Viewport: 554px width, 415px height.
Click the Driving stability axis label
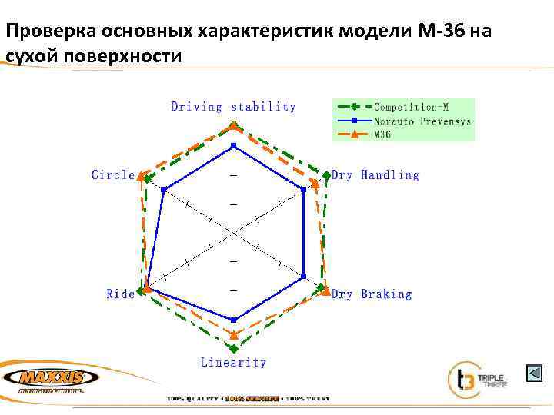click(x=233, y=107)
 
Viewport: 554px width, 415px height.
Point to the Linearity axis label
click(x=233, y=362)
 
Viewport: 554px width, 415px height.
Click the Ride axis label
click(x=121, y=294)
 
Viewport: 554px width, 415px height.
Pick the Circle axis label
click(x=113, y=175)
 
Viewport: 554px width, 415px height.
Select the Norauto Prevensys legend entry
click(x=422, y=121)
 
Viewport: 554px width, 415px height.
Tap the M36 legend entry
click(x=382, y=134)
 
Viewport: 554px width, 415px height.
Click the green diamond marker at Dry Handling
click(x=326, y=176)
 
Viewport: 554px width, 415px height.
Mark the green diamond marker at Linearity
click(x=234, y=348)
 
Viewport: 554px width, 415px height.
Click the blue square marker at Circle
click(x=163, y=190)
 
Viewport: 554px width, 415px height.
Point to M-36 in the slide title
click(x=437, y=32)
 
